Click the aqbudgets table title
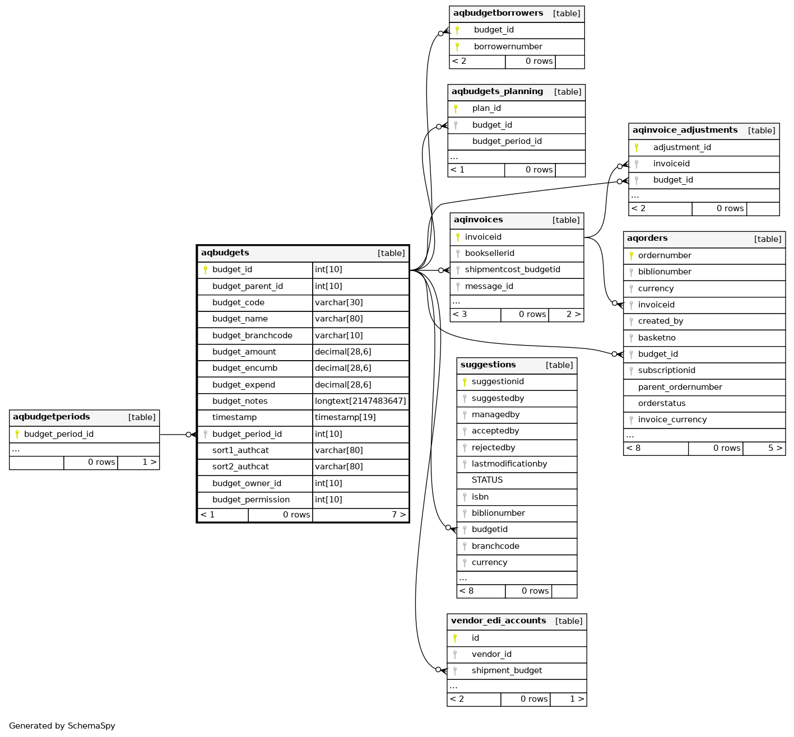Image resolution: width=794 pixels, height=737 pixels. [x=225, y=253]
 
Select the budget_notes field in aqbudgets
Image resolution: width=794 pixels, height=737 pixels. [x=240, y=401]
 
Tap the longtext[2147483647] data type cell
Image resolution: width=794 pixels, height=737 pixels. [x=360, y=401]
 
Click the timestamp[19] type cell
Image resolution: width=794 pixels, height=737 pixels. [x=345, y=417]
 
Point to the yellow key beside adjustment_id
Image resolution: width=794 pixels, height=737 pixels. [x=637, y=147]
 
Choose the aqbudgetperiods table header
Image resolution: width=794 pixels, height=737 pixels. [x=52, y=417]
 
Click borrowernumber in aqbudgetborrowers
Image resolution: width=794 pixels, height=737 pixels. [x=508, y=46]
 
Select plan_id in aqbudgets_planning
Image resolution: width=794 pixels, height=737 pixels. [x=486, y=108]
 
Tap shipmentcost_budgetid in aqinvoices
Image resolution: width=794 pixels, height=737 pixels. [x=512, y=269]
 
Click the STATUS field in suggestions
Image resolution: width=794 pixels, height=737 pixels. [x=487, y=480]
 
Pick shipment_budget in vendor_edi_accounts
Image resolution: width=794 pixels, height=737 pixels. [x=507, y=670]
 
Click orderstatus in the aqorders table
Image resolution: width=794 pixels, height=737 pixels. [x=662, y=403]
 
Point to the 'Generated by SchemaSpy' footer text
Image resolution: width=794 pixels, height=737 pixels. [x=62, y=726]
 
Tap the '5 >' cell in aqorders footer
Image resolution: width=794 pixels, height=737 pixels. [x=775, y=448]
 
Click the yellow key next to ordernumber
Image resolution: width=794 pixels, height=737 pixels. [x=631, y=255]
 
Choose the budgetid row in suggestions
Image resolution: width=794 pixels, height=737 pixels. [x=489, y=529]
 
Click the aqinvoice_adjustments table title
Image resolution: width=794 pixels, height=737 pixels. [x=685, y=130]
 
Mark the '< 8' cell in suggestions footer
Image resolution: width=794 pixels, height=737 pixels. [x=466, y=591]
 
